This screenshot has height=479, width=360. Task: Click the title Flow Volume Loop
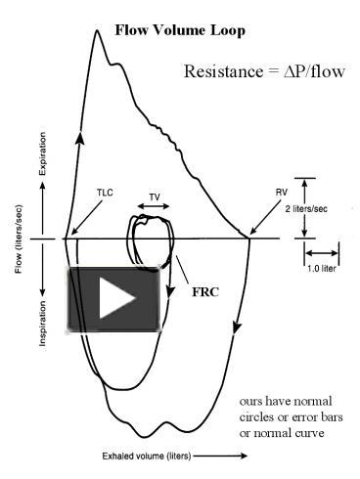(180, 31)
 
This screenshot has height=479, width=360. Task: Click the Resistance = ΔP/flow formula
(264, 72)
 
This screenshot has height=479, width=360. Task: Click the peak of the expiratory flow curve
(97, 31)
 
